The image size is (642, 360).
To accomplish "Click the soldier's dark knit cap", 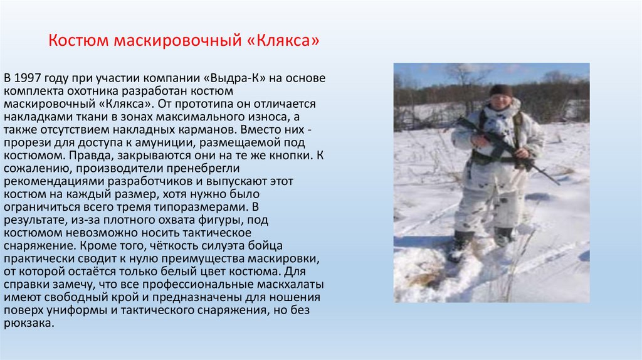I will [500, 90].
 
